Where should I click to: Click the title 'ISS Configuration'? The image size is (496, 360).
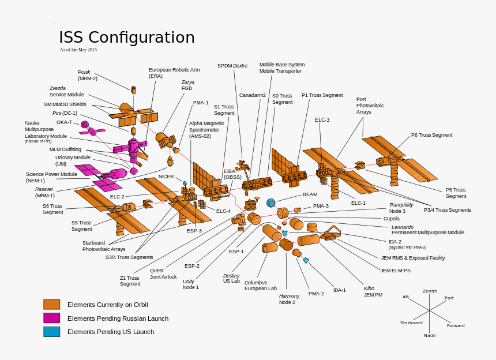[127, 38]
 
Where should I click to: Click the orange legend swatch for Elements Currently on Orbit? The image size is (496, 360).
[52, 305]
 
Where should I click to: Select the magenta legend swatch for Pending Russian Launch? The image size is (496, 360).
[52, 318]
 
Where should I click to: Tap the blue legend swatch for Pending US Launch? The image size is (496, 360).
[52, 332]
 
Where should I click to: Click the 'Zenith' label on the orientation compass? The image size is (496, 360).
[430, 291]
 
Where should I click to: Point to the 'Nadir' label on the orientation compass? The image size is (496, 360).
[430, 335]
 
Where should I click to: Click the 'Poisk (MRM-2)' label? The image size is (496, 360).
[88, 75]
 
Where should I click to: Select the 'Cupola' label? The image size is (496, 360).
[391, 219]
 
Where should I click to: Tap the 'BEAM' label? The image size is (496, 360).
[310, 194]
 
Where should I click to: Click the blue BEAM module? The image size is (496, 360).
[270, 202]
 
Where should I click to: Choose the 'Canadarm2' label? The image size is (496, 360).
[253, 95]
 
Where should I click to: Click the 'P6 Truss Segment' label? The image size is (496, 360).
[431, 135]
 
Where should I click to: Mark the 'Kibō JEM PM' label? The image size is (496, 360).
[373, 291]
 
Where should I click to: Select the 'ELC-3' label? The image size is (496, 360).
[322, 120]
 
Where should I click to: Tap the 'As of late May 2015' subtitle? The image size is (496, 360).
[78, 50]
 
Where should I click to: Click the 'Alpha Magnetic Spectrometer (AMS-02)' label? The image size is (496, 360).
[206, 130]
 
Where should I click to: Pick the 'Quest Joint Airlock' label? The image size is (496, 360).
[163, 273]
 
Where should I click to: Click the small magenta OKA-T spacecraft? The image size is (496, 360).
[85, 124]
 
